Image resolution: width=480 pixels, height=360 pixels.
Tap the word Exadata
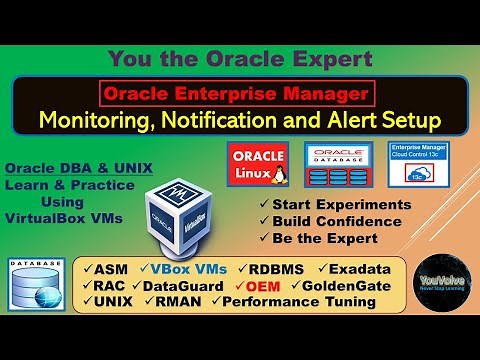[358, 268]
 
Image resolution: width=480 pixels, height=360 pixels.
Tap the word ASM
[111, 268]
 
